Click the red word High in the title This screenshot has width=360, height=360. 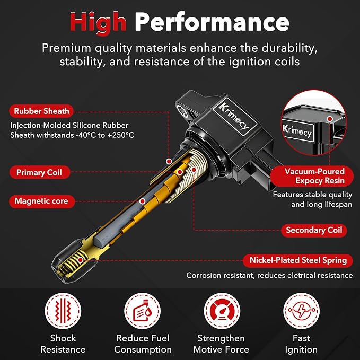pyautogui.click(x=98, y=23)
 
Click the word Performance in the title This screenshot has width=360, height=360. pyautogui.click(x=212, y=22)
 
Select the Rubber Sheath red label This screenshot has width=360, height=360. pyautogui.click(x=41, y=111)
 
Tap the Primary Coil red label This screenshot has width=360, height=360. pyautogui.click(x=39, y=172)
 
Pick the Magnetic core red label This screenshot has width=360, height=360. pyautogui.click(x=42, y=201)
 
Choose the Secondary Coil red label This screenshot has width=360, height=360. pyautogui.click(x=314, y=230)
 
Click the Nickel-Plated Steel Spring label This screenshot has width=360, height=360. pyautogui.click(x=298, y=260)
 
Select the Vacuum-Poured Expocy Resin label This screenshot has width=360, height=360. pyautogui.click(x=312, y=176)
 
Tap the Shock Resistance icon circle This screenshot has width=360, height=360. pyautogui.click(x=63, y=311)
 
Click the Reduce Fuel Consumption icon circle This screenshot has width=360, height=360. pyautogui.click(x=142, y=311)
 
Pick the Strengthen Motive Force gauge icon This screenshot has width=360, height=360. pyautogui.click(x=222, y=311)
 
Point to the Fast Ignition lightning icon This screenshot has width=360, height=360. pyautogui.click(x=301, y=311)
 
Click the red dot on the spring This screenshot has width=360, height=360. pyautogui.click(x=81, y=260)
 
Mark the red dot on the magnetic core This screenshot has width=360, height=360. pyautogui.click(x=142, y=201)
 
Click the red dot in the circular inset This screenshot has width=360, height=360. pyautogui.click(x=330, y=119)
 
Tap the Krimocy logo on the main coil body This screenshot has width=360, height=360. pyautogui.click(x=234, y=117)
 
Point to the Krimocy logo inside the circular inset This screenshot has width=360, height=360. pyautogui.click(x=297, y=131)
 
